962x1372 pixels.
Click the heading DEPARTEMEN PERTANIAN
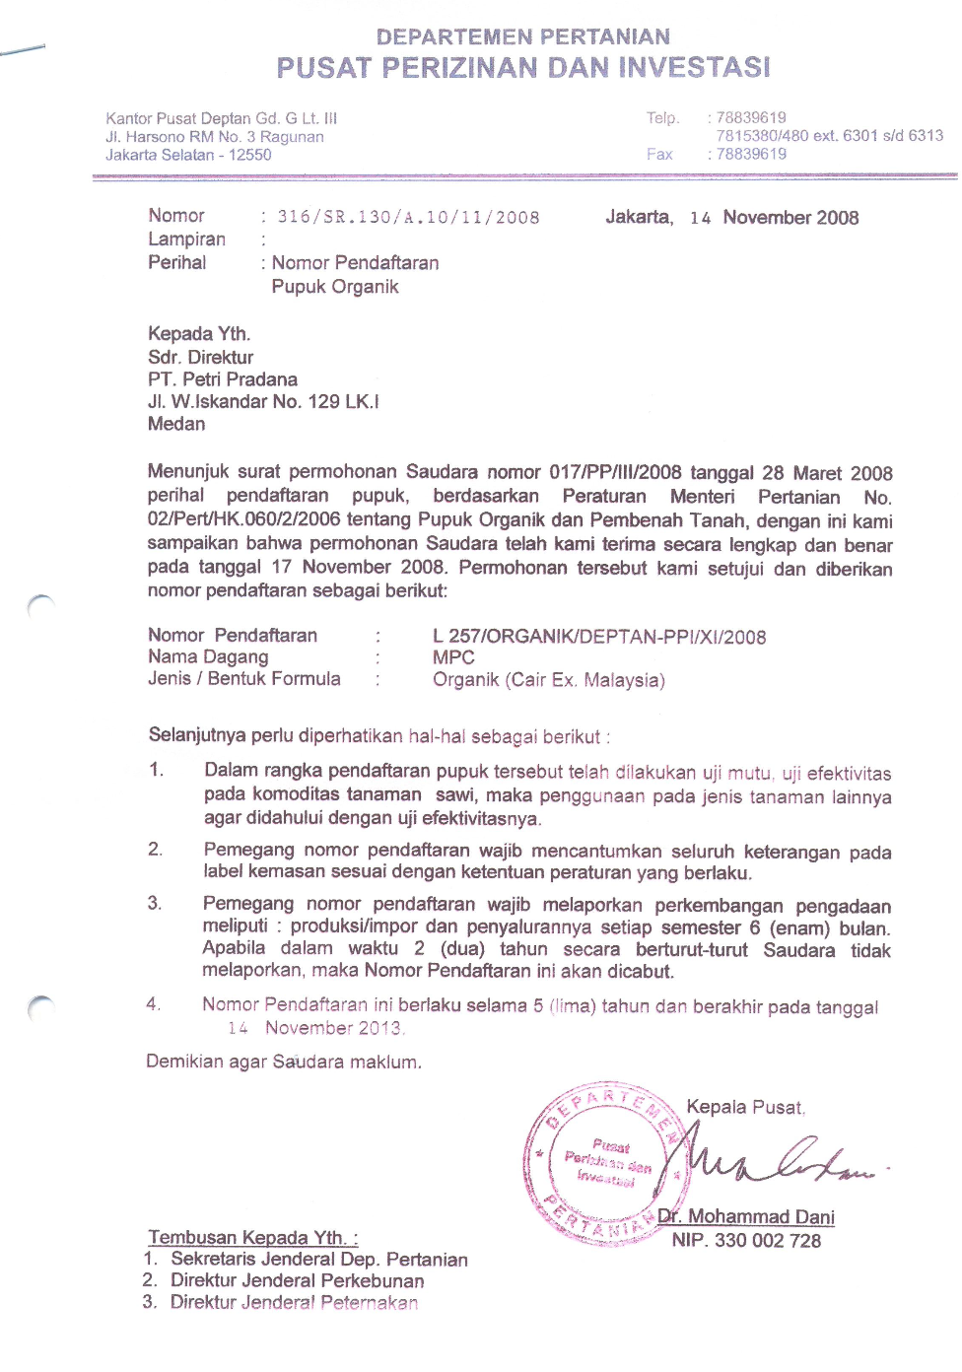click(x=522, y=37)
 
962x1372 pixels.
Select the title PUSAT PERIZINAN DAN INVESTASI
click(x=522, y=68)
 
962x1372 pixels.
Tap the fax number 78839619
click(x=751, y=155)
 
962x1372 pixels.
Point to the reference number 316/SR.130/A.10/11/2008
click(x=408, y=218)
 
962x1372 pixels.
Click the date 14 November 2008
click(x=774, y=218)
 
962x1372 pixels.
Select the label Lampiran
click(x=186, y=240)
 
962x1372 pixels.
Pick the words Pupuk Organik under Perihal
click(x=335, y=287)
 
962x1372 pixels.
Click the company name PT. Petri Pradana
click(x=223, y=379)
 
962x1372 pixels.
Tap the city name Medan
click(x=176, y=424)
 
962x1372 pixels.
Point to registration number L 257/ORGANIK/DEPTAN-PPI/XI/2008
click(x=599, y=637)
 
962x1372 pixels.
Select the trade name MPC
click(x=453, y=657)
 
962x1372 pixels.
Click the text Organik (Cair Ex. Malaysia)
click(x=549, y=680)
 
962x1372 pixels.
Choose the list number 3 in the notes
click(x=155, y=903)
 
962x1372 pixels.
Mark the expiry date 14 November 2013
click(x=315, y=1028)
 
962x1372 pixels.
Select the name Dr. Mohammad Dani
click(x=746, y=1217)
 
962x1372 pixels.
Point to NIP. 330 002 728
click(x=746, y=1241)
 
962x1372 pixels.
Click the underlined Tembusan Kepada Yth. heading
click(x=253, y=1237)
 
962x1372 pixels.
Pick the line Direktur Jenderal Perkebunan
click(x=297, y=1280)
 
